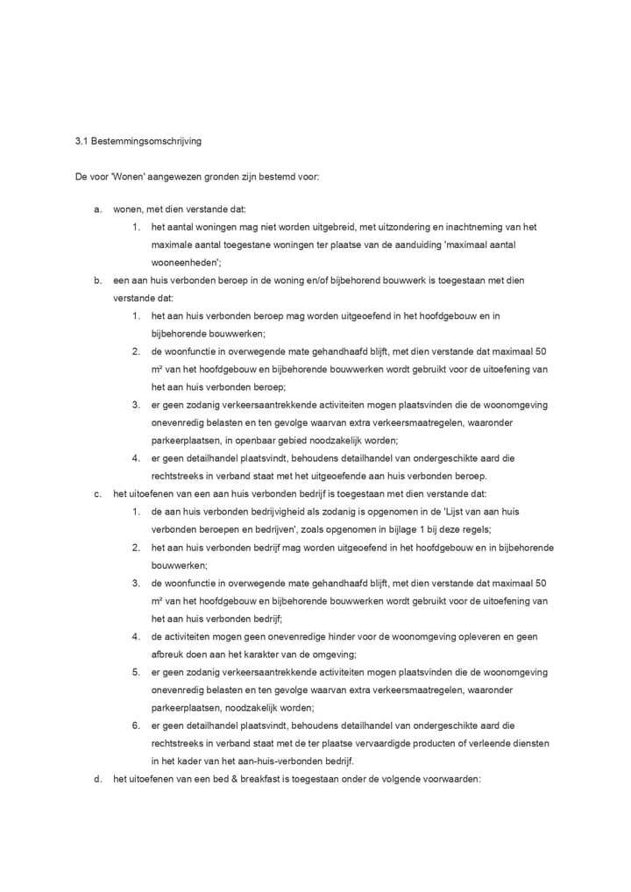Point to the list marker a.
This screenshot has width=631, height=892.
tap(98, 209)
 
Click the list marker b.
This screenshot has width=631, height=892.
tap(98, 280)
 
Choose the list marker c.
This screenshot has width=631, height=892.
tap(98, 494)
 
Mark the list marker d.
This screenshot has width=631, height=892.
tap(98, 778)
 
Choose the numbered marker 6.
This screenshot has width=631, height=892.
tap(137, 725)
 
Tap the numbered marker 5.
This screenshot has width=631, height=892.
tap(137, 672)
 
